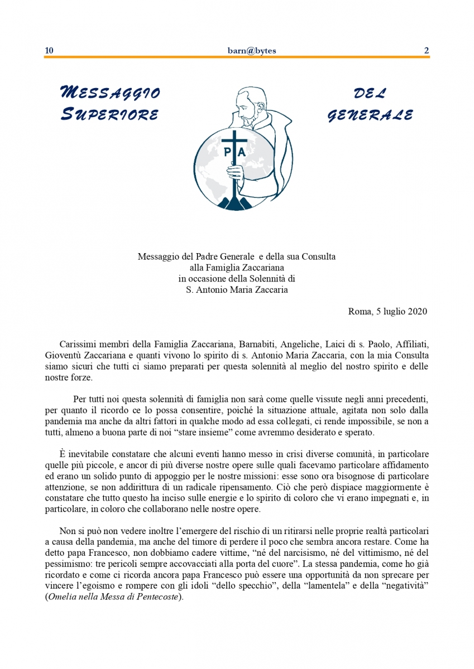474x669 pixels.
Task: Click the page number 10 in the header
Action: pos(49,51)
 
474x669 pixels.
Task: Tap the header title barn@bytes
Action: pos(248,51)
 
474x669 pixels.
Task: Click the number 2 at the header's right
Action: pos(427,51)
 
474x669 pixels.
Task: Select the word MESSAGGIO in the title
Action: pos(109,93)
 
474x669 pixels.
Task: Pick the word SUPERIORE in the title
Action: pos(109,115)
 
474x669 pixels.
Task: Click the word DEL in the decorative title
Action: pos(369,93)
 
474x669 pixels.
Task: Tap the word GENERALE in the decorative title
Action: pos(370,115)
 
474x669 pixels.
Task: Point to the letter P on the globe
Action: pos(227,152)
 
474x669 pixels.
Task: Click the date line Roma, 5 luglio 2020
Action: pos(387,311)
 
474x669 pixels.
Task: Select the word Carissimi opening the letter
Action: pos(78,343)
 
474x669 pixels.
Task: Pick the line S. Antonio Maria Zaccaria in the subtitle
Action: pos(237,290)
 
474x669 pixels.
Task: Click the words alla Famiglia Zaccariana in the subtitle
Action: pos(237,268)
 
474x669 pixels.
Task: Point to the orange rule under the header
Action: pos(237,57)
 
